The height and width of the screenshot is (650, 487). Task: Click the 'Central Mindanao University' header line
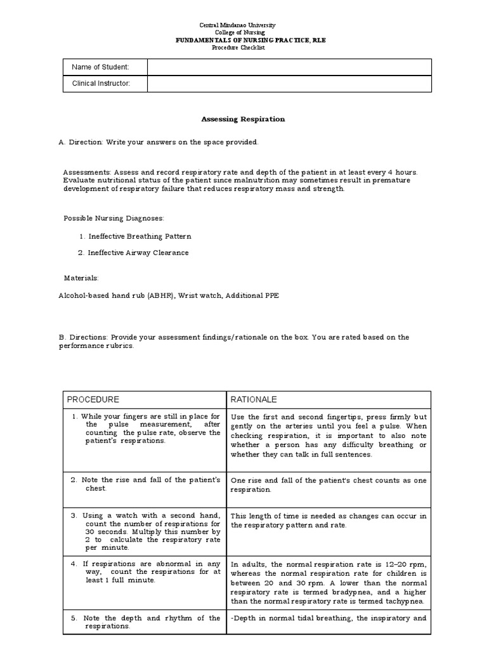point(247,25)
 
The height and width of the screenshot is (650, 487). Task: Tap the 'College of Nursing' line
point(247,32)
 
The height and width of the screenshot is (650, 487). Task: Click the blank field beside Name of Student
point(289,67)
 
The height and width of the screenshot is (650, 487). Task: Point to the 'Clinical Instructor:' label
point(101,83)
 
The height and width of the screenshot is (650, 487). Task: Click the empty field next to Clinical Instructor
point(289,83)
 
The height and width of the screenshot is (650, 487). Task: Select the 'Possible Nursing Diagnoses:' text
point(114,218)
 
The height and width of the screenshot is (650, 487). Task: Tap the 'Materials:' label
point(81,278)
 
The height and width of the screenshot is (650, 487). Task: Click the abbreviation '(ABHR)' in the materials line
point(164,295)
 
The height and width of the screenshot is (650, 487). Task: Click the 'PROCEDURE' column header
point(93,400)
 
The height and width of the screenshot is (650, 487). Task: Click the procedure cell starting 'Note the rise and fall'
point(145,484)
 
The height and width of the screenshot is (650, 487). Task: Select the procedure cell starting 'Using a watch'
point(145,531)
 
